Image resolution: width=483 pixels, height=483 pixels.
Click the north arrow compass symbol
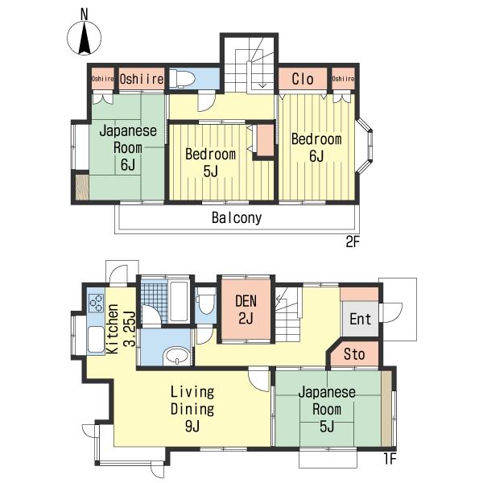84,36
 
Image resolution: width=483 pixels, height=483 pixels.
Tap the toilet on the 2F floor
182,78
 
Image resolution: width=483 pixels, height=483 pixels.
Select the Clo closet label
303,79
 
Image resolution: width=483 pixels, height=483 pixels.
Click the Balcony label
237,218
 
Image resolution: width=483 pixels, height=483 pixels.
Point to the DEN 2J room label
246,309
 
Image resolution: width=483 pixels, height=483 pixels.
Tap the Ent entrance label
360,319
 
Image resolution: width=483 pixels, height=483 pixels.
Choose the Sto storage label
354,354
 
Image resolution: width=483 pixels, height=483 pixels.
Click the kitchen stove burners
96,303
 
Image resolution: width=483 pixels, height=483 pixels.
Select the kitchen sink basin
96,340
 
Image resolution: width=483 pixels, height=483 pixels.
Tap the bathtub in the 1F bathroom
179,301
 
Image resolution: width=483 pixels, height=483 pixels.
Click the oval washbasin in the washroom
177,356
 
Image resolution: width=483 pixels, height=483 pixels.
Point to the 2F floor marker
353,242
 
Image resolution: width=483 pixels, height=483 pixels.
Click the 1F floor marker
390,459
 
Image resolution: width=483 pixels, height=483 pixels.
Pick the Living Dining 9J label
192,409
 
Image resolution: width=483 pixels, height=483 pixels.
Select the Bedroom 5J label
210,163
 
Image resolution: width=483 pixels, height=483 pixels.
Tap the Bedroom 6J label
316,147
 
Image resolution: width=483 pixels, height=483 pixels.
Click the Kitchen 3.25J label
121,329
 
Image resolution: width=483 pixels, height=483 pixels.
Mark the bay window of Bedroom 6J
365,145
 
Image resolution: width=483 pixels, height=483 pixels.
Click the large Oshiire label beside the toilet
142,79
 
